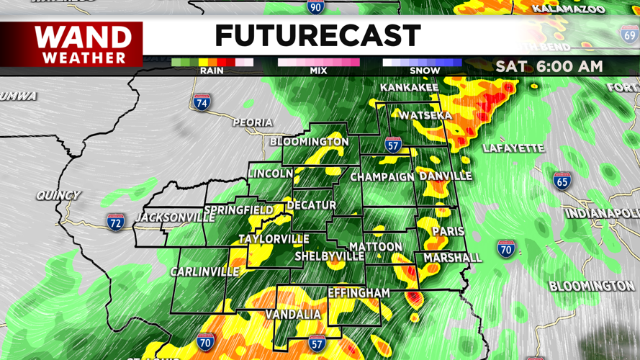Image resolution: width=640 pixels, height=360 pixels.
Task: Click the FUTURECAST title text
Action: coord(317,36)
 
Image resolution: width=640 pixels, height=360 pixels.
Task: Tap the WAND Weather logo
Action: coord(84,45)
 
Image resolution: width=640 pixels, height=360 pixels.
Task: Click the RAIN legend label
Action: coord(212,71)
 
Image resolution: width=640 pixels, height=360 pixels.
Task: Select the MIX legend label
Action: coord(318,71)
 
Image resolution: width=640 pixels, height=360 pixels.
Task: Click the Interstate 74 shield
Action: coord(202,102)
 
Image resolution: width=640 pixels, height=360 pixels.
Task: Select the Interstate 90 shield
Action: coord(315,7)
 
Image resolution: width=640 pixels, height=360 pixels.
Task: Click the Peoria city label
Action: coord(252,122)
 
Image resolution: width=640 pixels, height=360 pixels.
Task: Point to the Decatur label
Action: coord(311,205)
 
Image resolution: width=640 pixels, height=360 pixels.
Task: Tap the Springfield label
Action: coord(239,210)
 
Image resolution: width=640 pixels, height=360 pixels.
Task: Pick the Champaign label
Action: coord(382,176)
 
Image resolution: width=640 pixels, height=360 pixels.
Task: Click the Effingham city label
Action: coord(359,293)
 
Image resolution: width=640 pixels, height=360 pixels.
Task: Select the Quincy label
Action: coord(58,195)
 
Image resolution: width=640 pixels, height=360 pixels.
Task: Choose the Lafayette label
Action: coord(513,148)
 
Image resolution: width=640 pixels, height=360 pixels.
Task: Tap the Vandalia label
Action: coord(293,315)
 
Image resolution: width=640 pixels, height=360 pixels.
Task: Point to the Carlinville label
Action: coord(204,271)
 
